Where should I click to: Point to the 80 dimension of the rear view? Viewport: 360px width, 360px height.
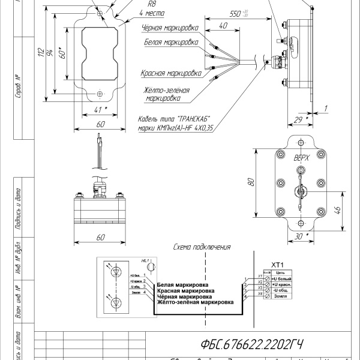(x=251, y=182)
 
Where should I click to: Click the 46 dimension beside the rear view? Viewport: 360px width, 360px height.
(x=337, y=210)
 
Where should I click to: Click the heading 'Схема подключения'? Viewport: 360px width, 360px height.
(x=202, y=247)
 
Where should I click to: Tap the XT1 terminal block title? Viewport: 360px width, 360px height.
(x=277, y=265)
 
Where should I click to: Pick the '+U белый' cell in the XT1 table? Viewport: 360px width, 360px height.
(x=282, y=280)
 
